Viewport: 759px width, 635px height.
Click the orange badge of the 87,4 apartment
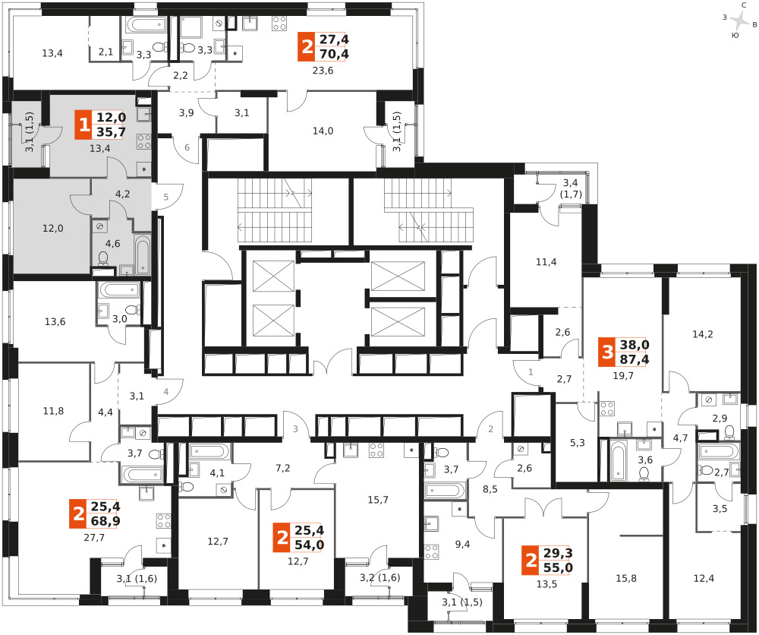point(607,352)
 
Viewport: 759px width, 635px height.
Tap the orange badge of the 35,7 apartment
point(83,125)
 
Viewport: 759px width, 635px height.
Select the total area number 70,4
point(334,54)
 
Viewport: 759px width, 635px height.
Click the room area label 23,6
point(323,71)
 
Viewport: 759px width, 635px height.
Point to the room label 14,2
point(702,334)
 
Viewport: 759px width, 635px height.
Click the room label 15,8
point(626,578)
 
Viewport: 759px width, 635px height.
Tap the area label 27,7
point(94,537)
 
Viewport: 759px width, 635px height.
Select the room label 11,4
point(546,262)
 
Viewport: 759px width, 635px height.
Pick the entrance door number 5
point(166,197)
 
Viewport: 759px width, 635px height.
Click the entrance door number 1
point(531,372)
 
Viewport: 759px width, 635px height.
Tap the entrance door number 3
point(295,429)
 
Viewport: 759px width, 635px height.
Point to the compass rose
point(739,21)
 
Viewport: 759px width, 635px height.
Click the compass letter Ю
point(735,36)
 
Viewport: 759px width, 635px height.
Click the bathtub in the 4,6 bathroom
point(143,254)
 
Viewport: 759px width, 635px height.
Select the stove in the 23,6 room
point(279,23)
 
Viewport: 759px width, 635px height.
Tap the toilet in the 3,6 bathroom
point(644,472)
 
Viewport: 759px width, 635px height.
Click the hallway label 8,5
point(490,489)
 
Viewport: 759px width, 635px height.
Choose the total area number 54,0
point(310,545)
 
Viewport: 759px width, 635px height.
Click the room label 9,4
point(462,545)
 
